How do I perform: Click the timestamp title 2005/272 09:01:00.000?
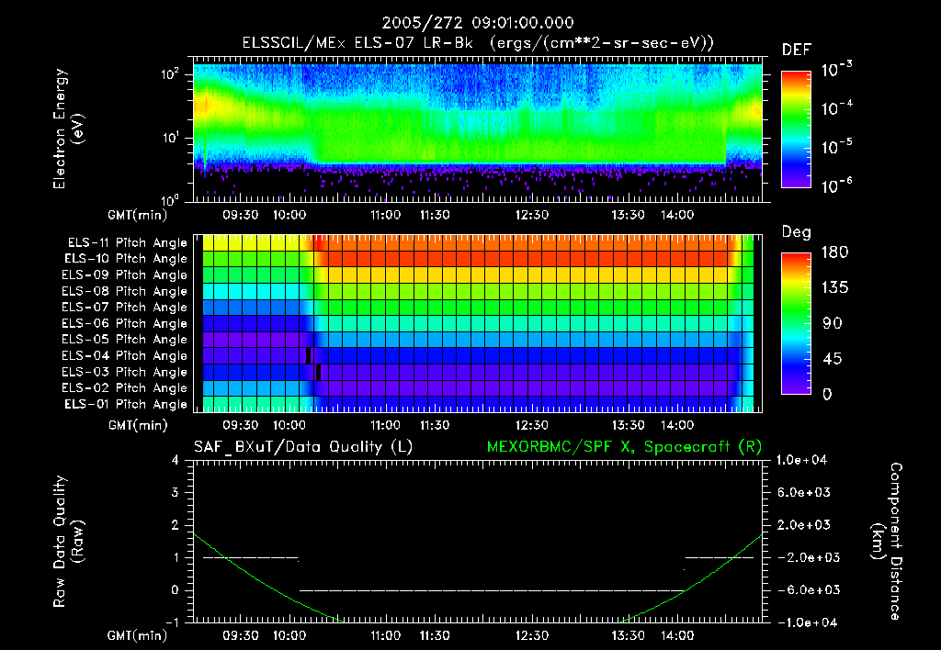[x=470, y=22]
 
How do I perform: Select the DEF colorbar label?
[x=796, y=50]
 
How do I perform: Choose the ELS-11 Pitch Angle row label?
[x=127, y=242]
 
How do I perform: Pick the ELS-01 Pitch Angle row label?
[x=127, y=404]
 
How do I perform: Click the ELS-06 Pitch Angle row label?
[x=127, y=323]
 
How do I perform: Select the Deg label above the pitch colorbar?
[x=795, y=232]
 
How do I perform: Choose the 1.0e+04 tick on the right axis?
[x=803, y=460]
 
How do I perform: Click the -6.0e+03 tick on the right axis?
[x=803, y=589]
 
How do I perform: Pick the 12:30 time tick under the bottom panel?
[x=532, y=634]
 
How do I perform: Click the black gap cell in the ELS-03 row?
[x=318, y=372]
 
